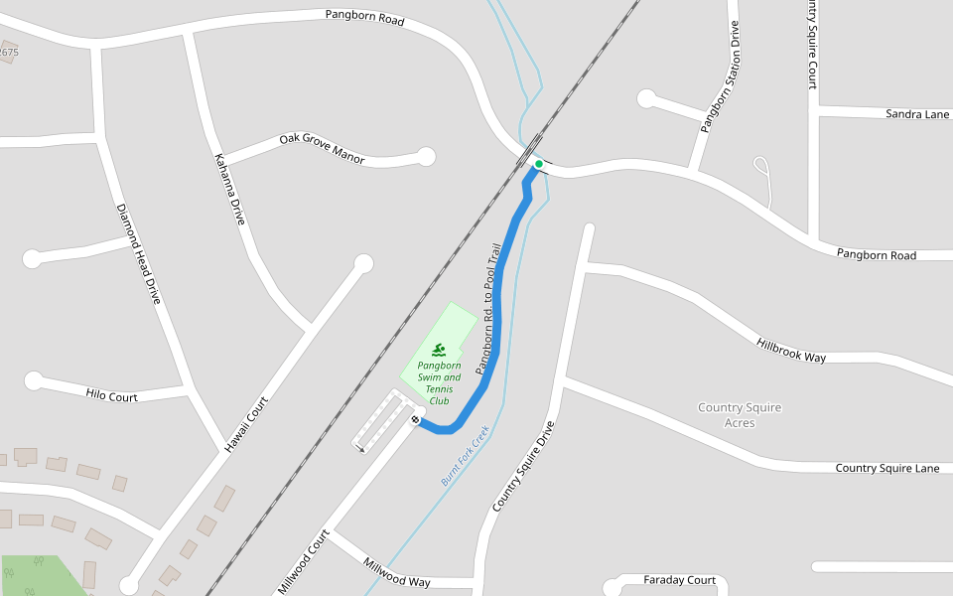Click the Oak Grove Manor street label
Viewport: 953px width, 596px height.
[322, 148]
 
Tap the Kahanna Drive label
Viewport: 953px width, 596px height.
[228, 189]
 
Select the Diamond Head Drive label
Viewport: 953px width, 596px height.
[138, 253]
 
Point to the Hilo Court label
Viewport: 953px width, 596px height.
[111, 395]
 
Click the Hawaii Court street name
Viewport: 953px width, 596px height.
[246, 423]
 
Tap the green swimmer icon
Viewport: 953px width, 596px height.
[439, 350]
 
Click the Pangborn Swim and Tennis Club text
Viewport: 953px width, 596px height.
[439, 382]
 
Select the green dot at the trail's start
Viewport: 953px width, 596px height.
[539, 163]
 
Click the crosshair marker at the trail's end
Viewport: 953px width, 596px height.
[415, 419]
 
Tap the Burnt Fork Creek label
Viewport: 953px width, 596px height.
[466, 455]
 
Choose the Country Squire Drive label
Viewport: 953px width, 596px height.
[523, 466]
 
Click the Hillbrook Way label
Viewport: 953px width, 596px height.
[791, 350]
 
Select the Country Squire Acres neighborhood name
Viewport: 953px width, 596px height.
[740, 415]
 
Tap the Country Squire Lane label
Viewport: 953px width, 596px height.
[886, 468]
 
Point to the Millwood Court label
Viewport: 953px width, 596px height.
[303, 562]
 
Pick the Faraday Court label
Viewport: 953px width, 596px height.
[679, 580]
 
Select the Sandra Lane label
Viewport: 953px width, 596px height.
[917, 114]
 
